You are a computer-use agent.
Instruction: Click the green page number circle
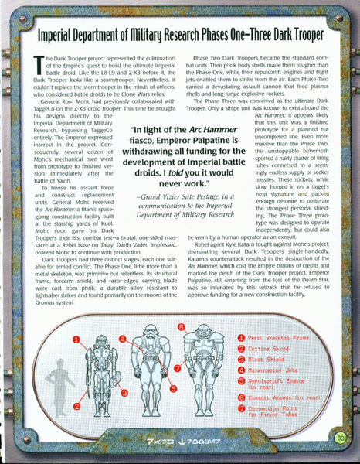click(340, 438)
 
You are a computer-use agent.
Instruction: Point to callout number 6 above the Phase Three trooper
click(180, 327)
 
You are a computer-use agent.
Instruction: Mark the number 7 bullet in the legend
click(241, 410)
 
